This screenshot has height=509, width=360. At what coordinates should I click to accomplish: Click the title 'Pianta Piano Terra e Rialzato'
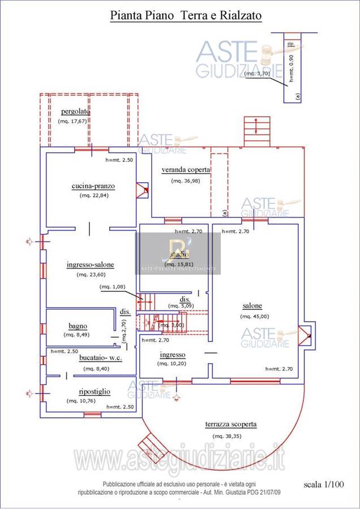[x=186, y=16]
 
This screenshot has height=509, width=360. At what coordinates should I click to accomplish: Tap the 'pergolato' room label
[x=75, y=111]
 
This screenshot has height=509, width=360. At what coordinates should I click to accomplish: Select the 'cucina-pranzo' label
[x=93, y=186]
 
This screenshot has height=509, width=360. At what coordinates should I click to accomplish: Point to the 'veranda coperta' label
[x=186, y=170]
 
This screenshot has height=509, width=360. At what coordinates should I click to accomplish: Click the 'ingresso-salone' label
[x=91, y=265]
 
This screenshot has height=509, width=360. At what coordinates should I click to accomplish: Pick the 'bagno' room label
[x=78, y=326]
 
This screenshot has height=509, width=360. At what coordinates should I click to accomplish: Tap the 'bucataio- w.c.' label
[x=100, y=358]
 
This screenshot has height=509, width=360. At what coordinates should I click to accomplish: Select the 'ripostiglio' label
[x=95, y=391]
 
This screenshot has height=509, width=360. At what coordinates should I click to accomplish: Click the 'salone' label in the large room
[x=252, y=306]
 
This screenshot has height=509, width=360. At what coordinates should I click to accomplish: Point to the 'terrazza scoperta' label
[x=231, y=424]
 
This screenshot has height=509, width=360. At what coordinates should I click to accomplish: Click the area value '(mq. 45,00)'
[x=255, y=317]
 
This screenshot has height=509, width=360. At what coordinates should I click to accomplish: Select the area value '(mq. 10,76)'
[x=81, y=401]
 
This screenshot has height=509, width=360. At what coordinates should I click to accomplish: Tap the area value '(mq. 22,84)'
[x=94, y=195]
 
